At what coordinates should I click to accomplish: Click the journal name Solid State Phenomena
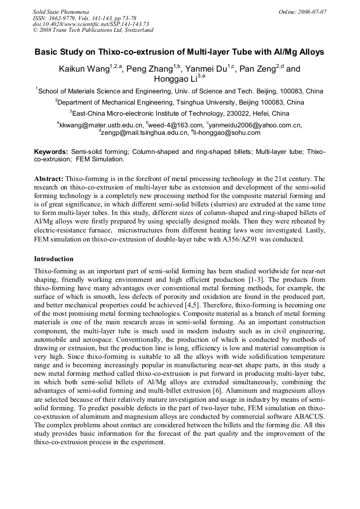tap(61, 11)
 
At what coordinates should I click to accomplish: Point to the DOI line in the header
tap(91, 24)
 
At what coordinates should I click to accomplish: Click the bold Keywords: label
tap(51, 152)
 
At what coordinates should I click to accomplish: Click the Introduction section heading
tap(54, 259)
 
